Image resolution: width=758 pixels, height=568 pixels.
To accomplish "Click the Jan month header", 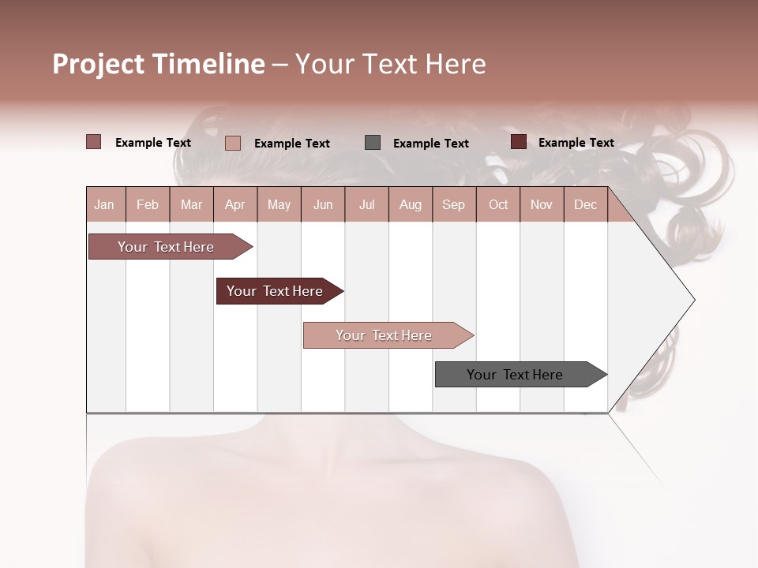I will coord(105,204).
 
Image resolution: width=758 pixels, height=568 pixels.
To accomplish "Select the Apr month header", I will coord(235,204).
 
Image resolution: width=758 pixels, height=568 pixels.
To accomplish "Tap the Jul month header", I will coord(367,204).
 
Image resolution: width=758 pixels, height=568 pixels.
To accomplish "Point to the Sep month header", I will coord(454,204).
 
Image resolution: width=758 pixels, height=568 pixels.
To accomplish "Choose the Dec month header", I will coord(586,204).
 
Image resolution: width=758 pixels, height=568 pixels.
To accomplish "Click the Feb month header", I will coord(148,204).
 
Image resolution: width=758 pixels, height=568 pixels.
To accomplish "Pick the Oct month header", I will coord(498,204).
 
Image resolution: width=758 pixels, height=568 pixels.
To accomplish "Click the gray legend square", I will coord(373,143).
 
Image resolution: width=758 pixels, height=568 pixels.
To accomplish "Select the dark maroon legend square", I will coord(519,142).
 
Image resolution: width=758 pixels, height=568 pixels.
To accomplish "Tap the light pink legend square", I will coord(233,143).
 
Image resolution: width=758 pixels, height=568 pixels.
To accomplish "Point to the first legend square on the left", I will coord(94,142).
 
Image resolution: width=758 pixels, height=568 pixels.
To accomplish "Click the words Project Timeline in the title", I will coord(159,64).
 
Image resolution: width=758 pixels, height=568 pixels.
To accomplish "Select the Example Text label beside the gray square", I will coord(431,144).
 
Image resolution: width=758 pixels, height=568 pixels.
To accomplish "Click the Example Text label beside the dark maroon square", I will coord(576,143).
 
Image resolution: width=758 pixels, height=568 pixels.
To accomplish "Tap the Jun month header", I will coord(323,204).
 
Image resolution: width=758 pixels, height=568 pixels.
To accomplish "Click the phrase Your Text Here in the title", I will coord(390,64).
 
